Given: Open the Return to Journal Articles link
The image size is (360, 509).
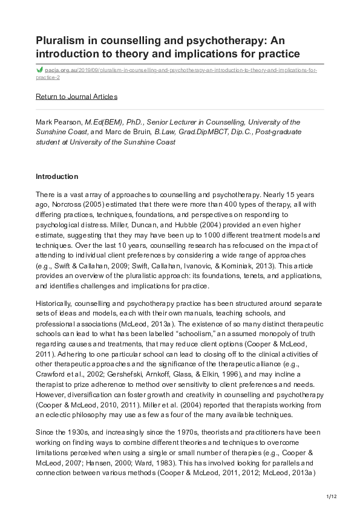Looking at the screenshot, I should coord(76,97).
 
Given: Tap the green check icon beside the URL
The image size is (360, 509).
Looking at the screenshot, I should coord(40,70).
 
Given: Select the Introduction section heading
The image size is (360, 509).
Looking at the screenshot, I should coord(57,177).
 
